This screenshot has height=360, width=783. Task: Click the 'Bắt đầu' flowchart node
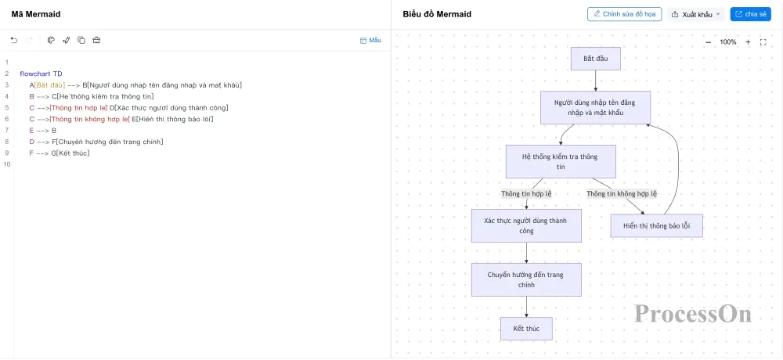pyautogui.click(x=595, y=59)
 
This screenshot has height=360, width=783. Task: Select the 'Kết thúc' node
pyautogui.click(x=526, y=329)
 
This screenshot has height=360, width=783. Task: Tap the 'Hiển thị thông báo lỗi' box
pyautogui.click(x=657, y=225)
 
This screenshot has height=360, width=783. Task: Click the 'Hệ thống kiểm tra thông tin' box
pyautogui.click(x=561, y=161)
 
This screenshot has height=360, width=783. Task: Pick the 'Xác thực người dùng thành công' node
pyautogui.click(x=526, y=225)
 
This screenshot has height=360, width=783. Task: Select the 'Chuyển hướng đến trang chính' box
pyautogui.click(x=526, y=279)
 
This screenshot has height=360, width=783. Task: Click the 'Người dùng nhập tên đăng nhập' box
pyautogui.click(x=595, y=107)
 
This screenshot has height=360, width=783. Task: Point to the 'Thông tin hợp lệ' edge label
pyautogui.click(x=526, y=194)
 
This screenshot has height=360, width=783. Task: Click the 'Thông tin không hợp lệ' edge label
pyautogui.click(x=622, y=194)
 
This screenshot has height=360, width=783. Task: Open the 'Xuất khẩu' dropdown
pyautogui.click(x=696, y=15)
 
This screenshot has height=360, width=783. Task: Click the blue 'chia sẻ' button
pyautogui.click(x=751, y=15)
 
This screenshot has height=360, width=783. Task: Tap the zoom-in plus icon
pyautogui.click(x=748, y=42)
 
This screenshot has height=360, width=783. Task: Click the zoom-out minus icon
pyautogui.click(x=708, y=42)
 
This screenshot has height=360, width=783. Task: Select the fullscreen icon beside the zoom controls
pyautogui.click(x=763, y=42)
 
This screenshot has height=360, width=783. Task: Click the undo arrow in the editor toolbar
pyautogui.click(x=13, y=40)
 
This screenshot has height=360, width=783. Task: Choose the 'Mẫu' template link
pyautogui.click(x=370, y=40)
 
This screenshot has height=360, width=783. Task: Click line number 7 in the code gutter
pyautogui.click(x=7, y=131)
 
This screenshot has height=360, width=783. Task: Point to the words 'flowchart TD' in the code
pyautogui.click(x=41, y=74)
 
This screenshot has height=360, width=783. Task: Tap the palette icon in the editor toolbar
pyautogui.click(x=51, y=40)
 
